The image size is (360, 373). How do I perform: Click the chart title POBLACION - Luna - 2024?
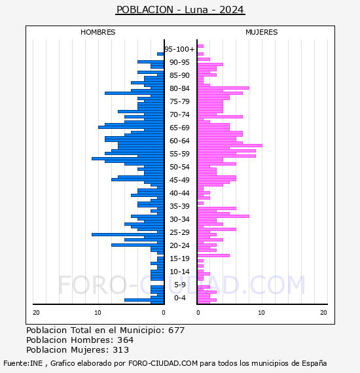point(180,10)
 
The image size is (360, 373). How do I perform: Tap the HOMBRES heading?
point(98,32)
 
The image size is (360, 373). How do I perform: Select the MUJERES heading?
point(262,32)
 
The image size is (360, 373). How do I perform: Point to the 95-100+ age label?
point(179,49)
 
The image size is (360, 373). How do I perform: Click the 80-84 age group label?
point(179,88)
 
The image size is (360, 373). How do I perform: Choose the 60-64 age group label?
point(179,141)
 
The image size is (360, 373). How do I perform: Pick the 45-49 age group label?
point(179,180)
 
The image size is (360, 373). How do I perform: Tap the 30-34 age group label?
point(179,219)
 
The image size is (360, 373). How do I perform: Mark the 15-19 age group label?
point(179,258)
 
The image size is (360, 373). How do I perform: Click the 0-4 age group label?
point(180,298)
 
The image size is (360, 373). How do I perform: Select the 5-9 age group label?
point(180,285)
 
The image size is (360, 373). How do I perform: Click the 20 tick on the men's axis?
point(36,313)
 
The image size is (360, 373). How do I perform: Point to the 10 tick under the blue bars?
point(98,313)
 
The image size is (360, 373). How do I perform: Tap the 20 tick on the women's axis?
point(323,313)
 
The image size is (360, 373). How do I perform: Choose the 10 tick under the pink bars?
point(261,313)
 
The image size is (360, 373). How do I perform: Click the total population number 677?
point(176,330)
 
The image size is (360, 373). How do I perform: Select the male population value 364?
point(126,340)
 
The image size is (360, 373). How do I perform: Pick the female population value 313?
point(120,349)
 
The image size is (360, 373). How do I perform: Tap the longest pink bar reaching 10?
point(230,145)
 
